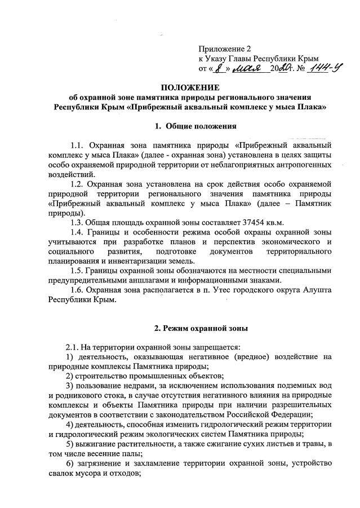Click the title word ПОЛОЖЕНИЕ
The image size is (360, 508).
(x=189, y=87)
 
